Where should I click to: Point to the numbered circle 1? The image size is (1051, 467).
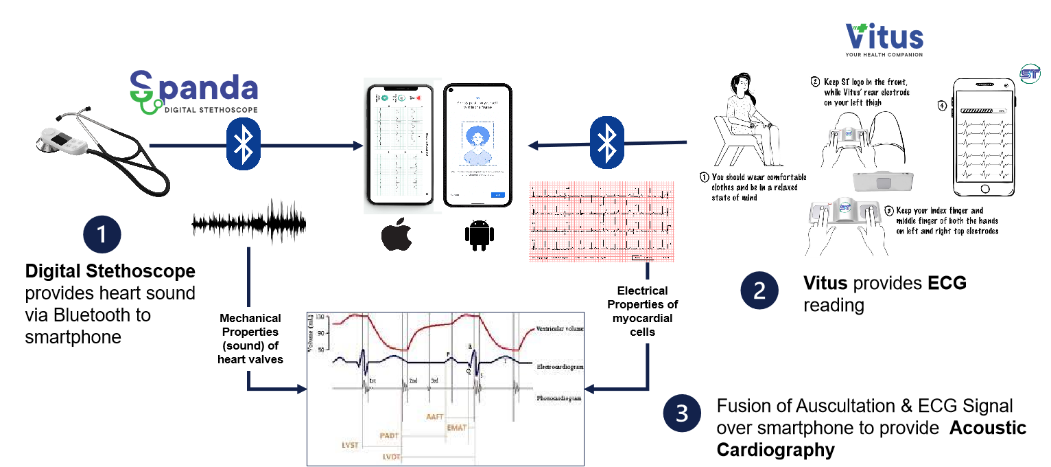click(x=102, y=234)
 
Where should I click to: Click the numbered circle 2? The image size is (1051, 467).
click(x=759, y=291)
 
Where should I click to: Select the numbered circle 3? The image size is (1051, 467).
click(x=682, y=414)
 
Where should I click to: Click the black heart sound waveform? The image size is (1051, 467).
click(x=249, y=222)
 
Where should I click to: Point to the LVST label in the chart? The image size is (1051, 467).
click(x=351, y=445)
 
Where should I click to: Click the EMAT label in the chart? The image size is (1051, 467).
click(x=456, y=427)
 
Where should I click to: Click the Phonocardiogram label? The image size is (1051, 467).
click(x=560, y=398)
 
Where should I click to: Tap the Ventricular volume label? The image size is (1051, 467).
click(x=560, y=329)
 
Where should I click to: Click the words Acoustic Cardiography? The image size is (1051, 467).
click(x=871, y=439)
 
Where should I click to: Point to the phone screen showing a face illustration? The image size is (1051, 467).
click(x=477, y=145)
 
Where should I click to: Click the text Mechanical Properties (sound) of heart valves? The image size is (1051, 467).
click(x=250, y=339)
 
